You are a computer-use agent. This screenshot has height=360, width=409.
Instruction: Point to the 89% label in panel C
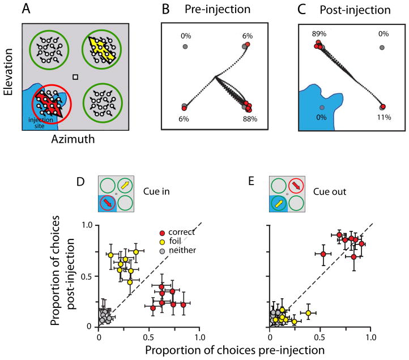(x=318, y=34)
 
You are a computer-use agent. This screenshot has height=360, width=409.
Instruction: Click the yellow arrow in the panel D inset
(x=124, y=184)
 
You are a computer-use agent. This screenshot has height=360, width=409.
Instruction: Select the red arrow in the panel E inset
(x=295, y=184)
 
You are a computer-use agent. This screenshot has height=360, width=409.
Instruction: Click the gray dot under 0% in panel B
(x=185, y=46)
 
